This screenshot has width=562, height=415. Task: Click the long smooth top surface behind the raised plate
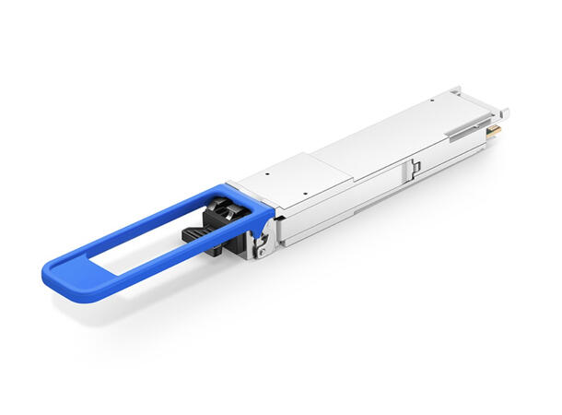[396, 129]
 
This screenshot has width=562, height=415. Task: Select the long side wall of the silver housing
[369, 198]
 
